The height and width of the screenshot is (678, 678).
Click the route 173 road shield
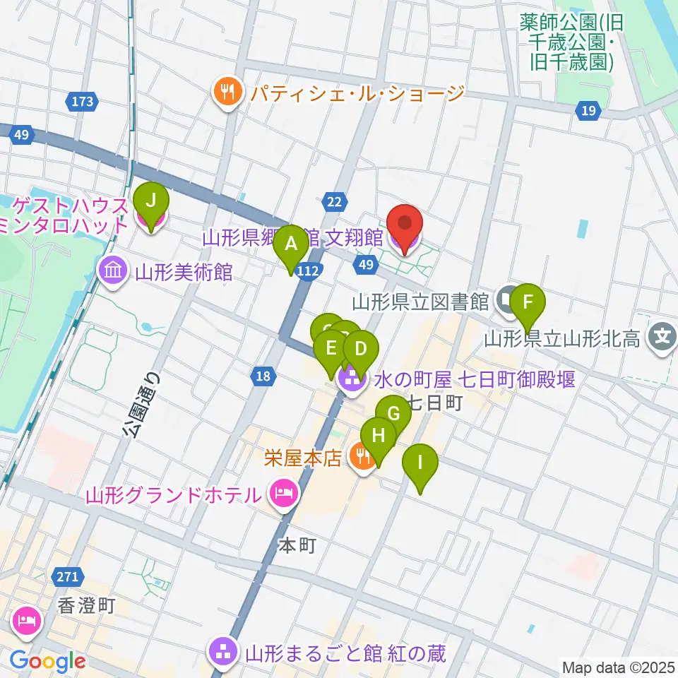[x=83, y=102]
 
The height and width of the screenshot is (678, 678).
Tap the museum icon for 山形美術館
[x=112, y=270]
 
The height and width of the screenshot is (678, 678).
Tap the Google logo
[x=47, y=660]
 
